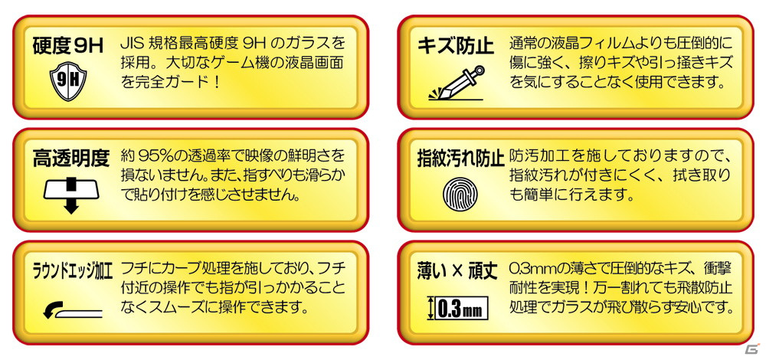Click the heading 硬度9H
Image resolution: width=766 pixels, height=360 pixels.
(x=68, y=47)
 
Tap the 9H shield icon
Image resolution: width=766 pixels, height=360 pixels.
(x=68, y=81)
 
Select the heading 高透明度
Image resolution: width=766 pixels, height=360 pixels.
(x=70, y=158)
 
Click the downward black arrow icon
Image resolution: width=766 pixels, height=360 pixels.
(x=71, y=195)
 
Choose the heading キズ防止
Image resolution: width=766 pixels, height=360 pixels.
(x=456, y=47)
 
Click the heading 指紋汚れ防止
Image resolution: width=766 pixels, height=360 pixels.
(x=460, y=159)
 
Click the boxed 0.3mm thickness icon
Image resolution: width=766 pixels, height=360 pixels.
(x=458, y=308)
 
